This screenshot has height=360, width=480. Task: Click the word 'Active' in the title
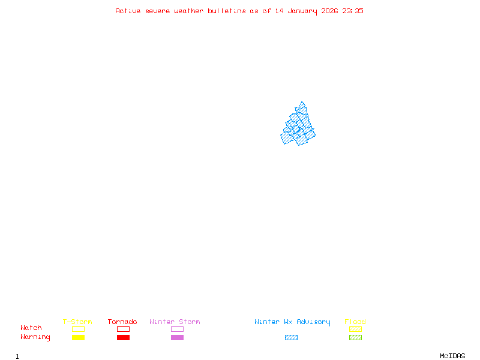tap(128, 11)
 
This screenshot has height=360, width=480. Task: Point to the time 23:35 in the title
tap(353, 11)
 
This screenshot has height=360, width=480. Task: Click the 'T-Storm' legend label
tap(77, 322)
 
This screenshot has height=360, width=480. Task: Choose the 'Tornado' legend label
tap(122, 322)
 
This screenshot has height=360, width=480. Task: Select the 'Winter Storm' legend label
tap(175, 322)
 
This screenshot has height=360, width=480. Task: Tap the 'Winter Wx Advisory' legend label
tap(292, 322)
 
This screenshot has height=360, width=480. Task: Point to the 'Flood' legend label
tap(355, 322)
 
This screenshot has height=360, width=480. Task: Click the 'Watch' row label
tap(31, 328)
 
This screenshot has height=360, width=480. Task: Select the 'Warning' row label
tap(35, 337)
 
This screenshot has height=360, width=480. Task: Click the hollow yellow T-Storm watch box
tap(78, 329)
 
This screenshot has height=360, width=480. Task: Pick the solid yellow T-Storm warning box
tap(78, 337)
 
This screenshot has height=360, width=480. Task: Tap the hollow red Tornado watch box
tap(123, 329)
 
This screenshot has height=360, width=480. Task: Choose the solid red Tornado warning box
tap(123, 337)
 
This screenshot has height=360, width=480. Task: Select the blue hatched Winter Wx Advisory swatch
tap(291, 337)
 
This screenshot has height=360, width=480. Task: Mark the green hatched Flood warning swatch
tap(355, 337)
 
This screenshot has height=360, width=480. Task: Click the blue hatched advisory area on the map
tap(298, 126)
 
